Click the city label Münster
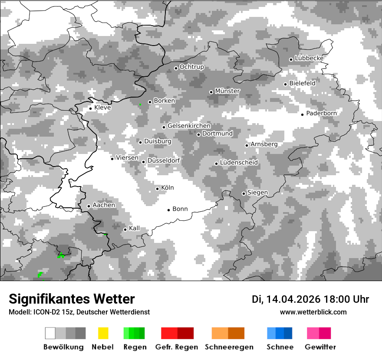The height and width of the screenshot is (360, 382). (x=227, y=91)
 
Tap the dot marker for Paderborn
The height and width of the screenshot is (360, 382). (x=303, y=114)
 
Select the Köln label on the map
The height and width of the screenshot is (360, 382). (x=168, y=188)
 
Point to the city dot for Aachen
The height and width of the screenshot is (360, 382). (x=89, y=206)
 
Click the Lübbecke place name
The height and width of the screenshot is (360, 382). (x=309, y=58)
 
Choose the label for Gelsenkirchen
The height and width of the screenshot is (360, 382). (x=189, y=126)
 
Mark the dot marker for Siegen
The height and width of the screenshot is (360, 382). (x=244, y=193)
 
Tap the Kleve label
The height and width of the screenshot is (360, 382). (x=102, y=108)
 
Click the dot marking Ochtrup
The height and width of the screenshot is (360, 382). (x=176, y=68)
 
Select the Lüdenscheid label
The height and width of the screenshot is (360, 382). (x=239, y=163)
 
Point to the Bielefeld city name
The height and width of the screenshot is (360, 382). (x=302, y=83)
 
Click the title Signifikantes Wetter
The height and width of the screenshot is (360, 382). (x=72, y=299)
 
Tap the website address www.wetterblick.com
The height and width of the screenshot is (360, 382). (x=313, y=312)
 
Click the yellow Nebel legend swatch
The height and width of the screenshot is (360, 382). (x=103, y=333)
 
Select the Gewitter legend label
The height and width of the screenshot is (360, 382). (x=320, y=347)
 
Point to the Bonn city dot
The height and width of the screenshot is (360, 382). (x=168, y=210)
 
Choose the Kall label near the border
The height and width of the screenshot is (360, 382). (x=134, y=228)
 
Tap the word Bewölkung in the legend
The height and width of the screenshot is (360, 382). (x=63, y=347)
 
